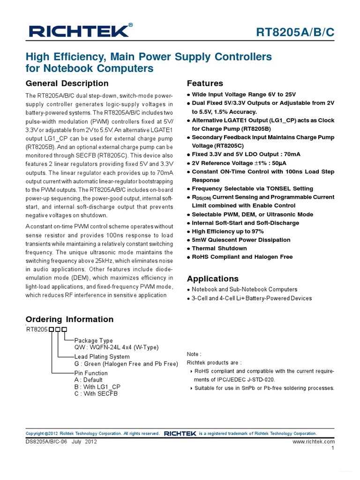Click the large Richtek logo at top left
[78, 31]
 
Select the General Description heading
[67, 83]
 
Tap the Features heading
[205, 83]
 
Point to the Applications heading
[212, 278]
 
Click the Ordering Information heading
[69, 319]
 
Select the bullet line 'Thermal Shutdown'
[219, 248]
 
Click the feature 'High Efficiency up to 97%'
[227, 232]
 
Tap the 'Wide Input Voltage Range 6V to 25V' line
[244, 94]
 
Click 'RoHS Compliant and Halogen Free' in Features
[242, 257]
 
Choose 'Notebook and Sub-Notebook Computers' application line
[244, 289]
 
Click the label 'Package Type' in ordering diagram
[94, 340]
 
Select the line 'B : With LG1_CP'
[97, 387]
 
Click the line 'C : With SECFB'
[96, 394]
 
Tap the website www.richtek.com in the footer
[314, 442]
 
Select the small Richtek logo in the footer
[180, 433]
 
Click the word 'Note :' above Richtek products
[194, 354]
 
